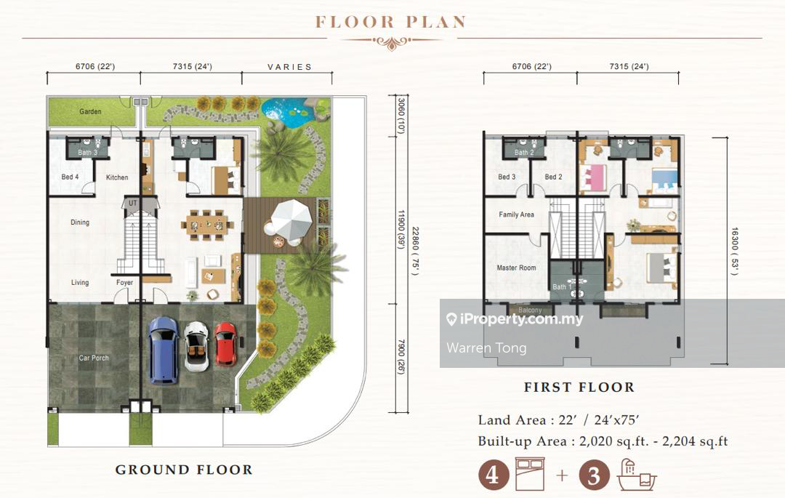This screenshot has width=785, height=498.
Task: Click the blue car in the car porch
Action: [164, 350]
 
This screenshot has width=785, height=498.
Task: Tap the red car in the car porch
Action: [226, 345]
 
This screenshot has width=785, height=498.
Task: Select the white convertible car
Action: [196, 346]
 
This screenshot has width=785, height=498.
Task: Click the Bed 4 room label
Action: [70, 177]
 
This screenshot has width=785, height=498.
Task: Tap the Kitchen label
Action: [116, 177]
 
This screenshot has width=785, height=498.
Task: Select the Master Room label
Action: [516, 268]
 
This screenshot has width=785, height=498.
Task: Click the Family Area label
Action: [516, 214]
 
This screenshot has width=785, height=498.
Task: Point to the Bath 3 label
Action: [88, 152]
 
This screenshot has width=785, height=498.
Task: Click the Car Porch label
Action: [94, 358]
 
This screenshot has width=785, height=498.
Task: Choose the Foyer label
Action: [125, 282]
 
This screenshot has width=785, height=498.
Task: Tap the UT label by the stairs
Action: [133, 204]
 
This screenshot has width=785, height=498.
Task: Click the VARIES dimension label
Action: [289, 67]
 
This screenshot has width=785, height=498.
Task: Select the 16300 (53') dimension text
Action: [734, 252]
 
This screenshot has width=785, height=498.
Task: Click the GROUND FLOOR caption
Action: [184, 470]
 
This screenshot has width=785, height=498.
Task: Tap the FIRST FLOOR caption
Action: [579, 387]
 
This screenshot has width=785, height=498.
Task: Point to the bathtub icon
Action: [636, 475]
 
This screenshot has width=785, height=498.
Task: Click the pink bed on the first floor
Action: [593, 177]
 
